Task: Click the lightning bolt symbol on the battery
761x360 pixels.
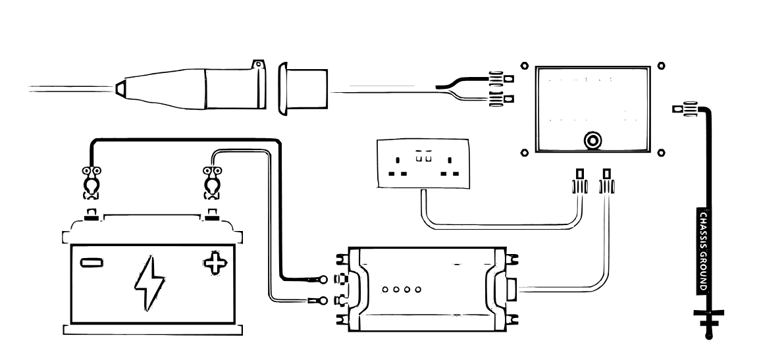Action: click(149, 284)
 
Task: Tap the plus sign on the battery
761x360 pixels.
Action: click(215, 263)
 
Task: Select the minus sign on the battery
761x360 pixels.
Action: click(92, 263)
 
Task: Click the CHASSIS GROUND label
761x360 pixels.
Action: click(704, 251)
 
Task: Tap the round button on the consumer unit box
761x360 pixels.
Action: click(592, 141)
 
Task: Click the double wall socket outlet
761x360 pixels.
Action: click(423, 163)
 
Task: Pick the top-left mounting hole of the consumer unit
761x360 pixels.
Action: click(524, 66)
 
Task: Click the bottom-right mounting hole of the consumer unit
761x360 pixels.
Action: click(661, 153)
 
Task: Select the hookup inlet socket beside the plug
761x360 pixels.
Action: click(303, 88)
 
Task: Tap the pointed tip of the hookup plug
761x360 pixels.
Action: click(117, 88)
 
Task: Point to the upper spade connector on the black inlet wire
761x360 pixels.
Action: click(501, 78)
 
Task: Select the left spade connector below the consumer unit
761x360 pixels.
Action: click(579, 182)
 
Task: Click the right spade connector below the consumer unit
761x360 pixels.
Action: click(607, 182)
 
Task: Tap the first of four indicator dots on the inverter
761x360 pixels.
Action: click(385, 290)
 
